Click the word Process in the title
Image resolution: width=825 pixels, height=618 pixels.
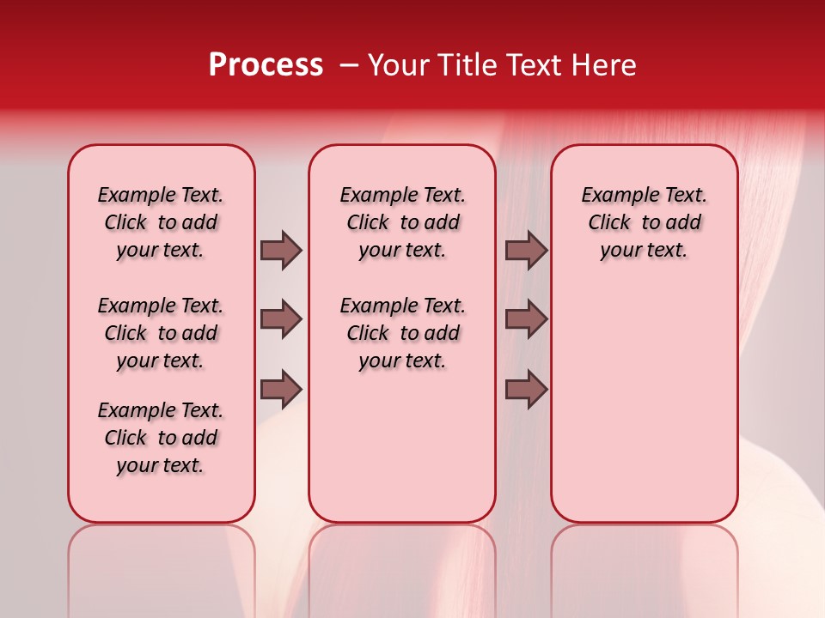pyautogui.click(x=266, y=65)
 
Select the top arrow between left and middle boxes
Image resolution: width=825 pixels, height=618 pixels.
pyautogui.click(x=281, y=250)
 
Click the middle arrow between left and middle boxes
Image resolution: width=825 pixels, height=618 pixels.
pyautogui.click(x=281, y=319)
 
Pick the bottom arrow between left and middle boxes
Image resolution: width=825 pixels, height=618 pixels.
pyautogui.click(x=281, y=391)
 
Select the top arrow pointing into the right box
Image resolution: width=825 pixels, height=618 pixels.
pyautogui.click(x=526, y=250)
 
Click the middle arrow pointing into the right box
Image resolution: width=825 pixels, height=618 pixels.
pyautogui.click(x=526, y=319)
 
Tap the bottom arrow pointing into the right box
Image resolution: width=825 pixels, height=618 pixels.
pyautogui.click(x=526, y=391)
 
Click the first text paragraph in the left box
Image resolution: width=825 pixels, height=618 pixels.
pyautogui.click(x=161, y=222)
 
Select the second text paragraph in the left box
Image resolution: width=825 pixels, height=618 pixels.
pyautogui.click(x=161, y=333)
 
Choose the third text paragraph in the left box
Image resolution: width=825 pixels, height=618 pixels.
pyautogui.click(x=161, y=438)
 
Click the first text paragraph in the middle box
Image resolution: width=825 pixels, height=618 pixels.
pyautogui.click(x=402, y=222)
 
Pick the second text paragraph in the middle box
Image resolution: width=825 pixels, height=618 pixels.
pyautogui.click(x=402, y=333)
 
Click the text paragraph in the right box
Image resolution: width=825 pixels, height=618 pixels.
pyautogui.click(x=644, y=222)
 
